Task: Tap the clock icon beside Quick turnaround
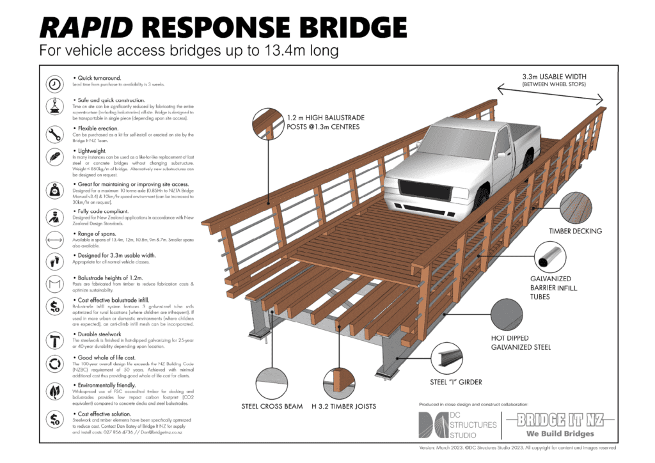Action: click(x=56, y=84)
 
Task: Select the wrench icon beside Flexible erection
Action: click(x=56, y=134)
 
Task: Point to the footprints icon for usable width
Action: click(x=56, y=261)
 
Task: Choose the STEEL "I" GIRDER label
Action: click(x=455, y=382)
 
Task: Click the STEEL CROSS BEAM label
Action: click(x=272, y=406)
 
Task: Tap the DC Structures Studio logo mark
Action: click(x=431, y=425)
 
